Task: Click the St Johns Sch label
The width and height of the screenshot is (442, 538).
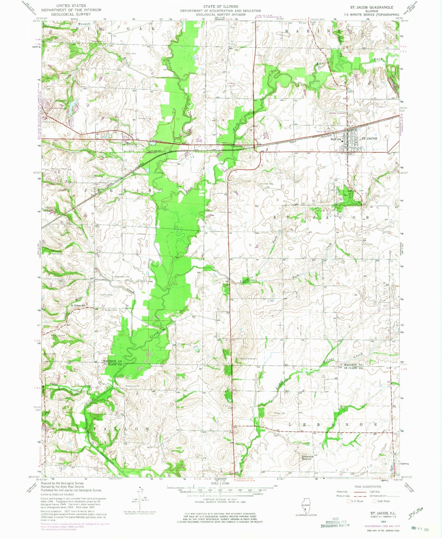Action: point(78,305)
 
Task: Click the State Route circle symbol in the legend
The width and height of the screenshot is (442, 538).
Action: point(375,501)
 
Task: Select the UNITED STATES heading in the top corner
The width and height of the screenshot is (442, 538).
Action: point(71,6)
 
